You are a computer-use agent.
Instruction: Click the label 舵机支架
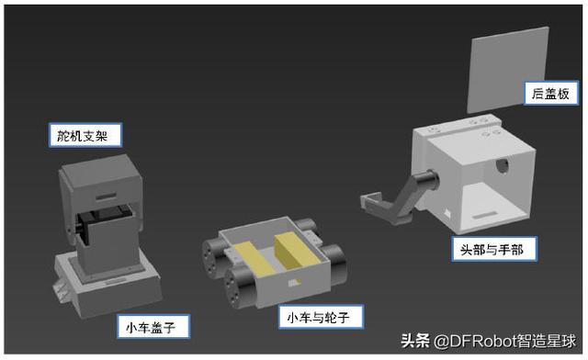coord(85,135)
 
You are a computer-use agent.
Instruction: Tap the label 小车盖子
coord(153,327)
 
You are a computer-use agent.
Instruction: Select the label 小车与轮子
coord(321,317)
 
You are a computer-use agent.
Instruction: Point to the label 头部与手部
coord(494,249)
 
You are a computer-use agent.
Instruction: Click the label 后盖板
coord(550,93)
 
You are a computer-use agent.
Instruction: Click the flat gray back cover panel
coord(507,70)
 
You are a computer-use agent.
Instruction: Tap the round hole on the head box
coord(502,165)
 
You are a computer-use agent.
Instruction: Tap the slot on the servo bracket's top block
coord(106,197)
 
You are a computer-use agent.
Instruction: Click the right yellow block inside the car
coord(296,250)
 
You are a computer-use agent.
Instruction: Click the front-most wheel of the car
coord(240,287)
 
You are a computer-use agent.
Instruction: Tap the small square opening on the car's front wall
coord(294,283)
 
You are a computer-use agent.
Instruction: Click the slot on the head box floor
coord(484,215)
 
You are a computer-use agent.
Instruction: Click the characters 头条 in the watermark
coord(415,341)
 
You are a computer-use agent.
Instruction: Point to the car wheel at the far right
coord(334,263)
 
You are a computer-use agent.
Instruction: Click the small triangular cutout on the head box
coord(447,213)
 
